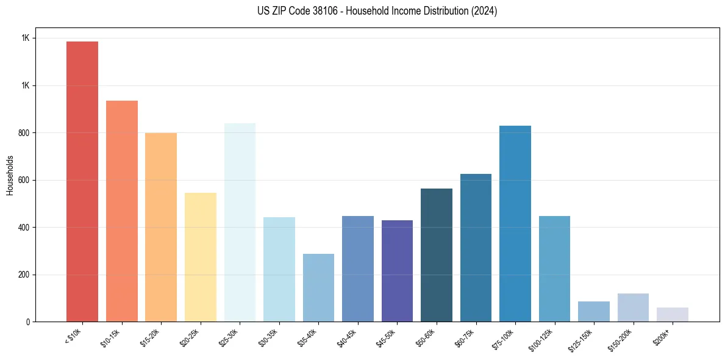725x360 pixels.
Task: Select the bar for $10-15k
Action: click(x=122, y=211)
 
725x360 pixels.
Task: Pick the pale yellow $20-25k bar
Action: click(x=201, y=257)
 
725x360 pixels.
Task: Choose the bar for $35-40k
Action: click(x=318, y=287)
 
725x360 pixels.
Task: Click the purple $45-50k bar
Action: click(x=397, y=271)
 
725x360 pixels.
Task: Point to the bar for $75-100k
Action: click(x=515, y=223)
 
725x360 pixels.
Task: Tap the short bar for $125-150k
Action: click(x=594, y=311)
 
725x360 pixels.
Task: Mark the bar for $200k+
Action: click(x=673, y=314)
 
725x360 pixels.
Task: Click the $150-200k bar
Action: click(x=633, y=308)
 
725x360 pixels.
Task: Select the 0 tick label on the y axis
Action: click(x=28, y=322)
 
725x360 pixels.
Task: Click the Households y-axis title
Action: click(x=10, y=175)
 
